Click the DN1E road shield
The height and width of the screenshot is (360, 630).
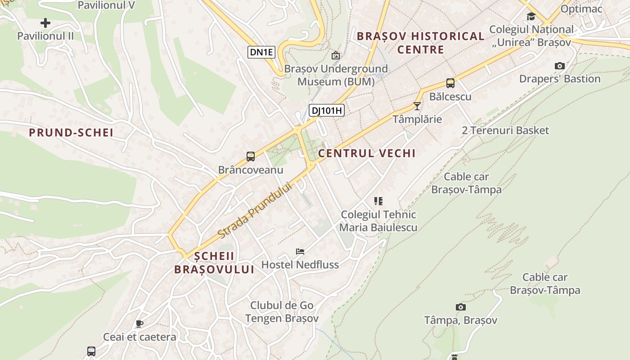(261, 52)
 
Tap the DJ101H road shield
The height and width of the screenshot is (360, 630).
(327, 110)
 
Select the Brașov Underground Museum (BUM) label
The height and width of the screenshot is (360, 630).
(336, 76)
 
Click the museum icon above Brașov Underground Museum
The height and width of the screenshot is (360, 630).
(335, 55)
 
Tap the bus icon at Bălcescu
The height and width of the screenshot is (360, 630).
(450, 83)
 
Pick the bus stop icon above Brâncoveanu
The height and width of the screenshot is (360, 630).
(251, 157)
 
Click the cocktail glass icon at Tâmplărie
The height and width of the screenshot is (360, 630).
(417, 106)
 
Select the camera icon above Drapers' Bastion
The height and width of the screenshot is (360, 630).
(559, 66)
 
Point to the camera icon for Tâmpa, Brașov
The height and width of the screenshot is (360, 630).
(460, 307)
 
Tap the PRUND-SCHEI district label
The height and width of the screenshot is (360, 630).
(71, 133)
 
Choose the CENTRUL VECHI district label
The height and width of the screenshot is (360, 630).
(367, 153)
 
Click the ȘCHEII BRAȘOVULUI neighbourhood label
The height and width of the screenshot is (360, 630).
(214, 263)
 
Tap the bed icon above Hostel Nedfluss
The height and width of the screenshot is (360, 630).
(300, 251)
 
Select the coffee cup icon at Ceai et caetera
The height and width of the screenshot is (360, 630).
(139, 324)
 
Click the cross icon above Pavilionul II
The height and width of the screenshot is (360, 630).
(45, 22)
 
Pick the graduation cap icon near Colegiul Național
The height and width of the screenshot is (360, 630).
(531, 17)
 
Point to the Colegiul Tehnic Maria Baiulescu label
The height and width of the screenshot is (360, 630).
(378, 221)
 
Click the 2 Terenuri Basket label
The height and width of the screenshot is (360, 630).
(505, 130)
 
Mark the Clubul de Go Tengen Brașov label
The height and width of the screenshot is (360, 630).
(282, 312)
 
